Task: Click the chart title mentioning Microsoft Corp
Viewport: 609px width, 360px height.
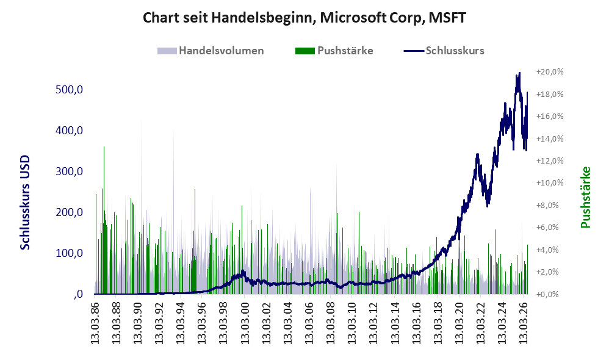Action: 304,18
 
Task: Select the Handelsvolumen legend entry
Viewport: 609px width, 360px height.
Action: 211,51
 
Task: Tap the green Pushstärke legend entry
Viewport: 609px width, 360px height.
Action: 334,51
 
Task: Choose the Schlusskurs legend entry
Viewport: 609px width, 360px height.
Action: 444,51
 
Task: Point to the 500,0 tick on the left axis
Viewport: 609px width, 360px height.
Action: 70,90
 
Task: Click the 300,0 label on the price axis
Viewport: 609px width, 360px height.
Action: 70,171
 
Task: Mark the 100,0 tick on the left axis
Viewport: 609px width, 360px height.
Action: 70,253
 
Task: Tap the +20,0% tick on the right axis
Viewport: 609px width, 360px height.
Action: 550,72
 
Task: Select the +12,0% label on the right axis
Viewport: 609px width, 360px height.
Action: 550,160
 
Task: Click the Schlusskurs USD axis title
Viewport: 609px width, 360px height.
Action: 25,203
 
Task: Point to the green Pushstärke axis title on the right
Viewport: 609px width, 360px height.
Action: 585,197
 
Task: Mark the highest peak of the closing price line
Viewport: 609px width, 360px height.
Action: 519,73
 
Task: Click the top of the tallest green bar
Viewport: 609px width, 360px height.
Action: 104,147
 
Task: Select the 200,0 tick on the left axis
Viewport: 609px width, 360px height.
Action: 70,212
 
